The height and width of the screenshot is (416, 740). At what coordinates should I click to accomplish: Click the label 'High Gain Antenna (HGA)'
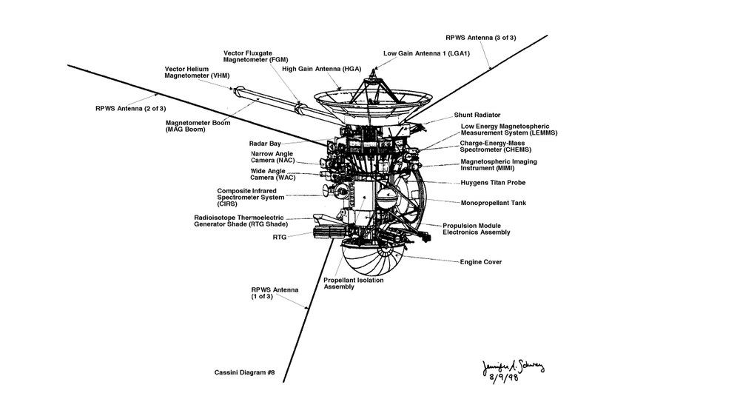(321, 69)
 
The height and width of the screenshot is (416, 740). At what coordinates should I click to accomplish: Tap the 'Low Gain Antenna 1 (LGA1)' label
(427, 53)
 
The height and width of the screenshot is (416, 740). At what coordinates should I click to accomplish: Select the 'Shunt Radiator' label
(477, 115)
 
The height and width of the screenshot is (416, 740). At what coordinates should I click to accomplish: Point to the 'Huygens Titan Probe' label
(493, 183)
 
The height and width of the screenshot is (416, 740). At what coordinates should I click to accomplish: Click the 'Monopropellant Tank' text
(494, 203)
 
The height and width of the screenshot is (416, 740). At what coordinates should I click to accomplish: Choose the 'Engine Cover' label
(481, 262)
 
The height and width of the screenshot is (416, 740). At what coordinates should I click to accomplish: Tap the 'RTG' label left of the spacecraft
(280, 237)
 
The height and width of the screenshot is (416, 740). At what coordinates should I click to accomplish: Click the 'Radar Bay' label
(265, 144)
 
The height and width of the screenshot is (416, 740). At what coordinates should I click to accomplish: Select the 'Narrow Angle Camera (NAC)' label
(273, 157)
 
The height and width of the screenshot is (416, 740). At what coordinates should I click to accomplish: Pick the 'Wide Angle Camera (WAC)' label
(273, 174)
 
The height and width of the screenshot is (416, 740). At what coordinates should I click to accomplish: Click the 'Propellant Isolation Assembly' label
(354, 284)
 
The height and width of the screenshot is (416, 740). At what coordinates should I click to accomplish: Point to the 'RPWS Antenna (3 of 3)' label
(481, 38)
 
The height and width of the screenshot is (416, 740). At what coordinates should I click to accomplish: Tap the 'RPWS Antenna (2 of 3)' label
(131, 109)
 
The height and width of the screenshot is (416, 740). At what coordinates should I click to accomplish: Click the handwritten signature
(513, 366)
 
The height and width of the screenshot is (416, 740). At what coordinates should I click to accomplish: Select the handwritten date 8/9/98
(503, 378)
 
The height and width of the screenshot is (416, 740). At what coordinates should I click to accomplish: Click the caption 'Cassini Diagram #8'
(244, 372)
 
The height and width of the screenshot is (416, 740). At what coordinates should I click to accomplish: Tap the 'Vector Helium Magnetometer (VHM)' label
(186, 73)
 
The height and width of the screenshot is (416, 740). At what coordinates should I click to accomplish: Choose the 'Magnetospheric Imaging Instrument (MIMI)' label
(499, 165)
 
